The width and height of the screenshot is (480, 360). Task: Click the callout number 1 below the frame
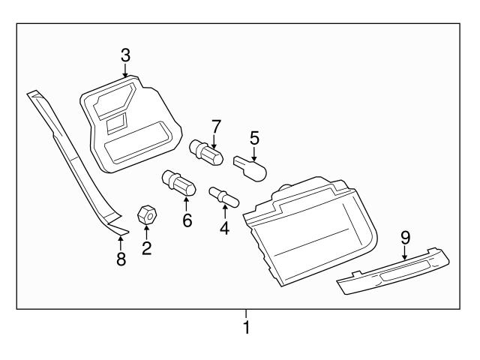click(x=246, y=328)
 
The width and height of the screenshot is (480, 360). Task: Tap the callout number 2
click(x=147, y=247)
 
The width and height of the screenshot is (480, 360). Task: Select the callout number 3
click(x=125, y=55)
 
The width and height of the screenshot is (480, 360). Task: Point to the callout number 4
click(x=224, y=228)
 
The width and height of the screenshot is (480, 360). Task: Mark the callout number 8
click(x=120, y=259)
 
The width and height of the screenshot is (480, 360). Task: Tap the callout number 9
click(x=405, y=237)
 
